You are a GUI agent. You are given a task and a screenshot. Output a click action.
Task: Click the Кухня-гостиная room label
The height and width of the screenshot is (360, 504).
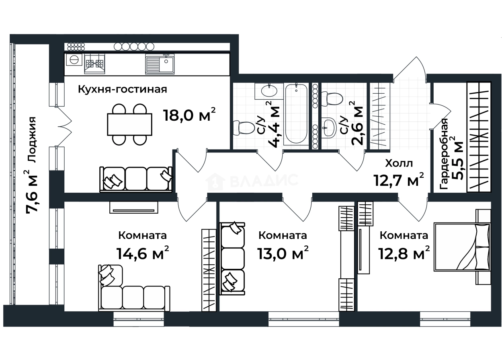point(123,90)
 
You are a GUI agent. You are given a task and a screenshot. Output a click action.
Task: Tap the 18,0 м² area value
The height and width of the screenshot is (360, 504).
point(190,115)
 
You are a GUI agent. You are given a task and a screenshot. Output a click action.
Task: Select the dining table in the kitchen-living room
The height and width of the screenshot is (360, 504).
point(129,125)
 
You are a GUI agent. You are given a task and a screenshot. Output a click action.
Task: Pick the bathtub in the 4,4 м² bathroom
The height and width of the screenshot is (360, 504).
point(296,114)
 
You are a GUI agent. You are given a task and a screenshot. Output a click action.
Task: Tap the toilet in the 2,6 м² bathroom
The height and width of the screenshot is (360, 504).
point(332,99)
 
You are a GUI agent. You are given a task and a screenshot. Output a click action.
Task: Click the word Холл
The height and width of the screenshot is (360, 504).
point(399,163)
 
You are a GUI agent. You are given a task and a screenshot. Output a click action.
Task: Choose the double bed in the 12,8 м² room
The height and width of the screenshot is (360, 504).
point(462,247)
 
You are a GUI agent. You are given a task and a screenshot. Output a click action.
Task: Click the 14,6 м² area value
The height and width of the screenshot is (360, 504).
point(142,253)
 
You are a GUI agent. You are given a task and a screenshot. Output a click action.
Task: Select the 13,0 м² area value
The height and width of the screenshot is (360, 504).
point(283,253)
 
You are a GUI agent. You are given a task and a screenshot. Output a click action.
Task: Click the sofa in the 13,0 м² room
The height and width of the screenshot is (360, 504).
point(232,259)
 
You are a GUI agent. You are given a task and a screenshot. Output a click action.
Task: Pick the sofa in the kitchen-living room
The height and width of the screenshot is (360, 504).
point(136,179)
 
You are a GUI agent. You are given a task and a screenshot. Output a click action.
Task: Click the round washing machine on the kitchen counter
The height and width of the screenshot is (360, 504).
point(74,60)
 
